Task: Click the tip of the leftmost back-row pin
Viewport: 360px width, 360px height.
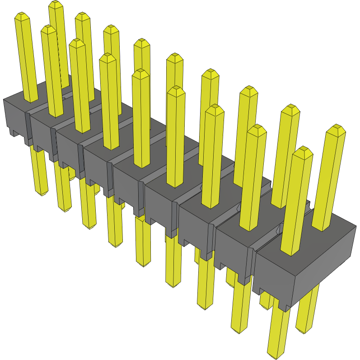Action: [x=56, y=5]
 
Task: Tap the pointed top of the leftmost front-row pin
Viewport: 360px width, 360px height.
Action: [x=22, y=17]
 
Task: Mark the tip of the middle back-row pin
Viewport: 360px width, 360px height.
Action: [x=174, y=57]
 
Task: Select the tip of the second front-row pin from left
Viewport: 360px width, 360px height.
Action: [x=48, y=30]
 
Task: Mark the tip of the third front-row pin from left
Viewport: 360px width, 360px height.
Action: [x=77, y=43]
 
